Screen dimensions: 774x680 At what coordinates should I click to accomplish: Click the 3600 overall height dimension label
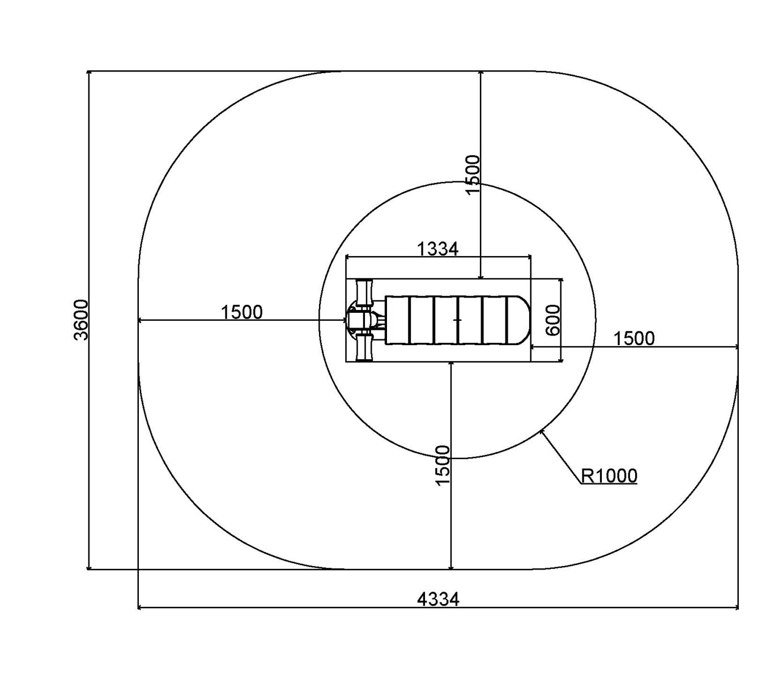click(80, 320)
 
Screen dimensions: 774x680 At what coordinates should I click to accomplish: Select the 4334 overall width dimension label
click(438, 599)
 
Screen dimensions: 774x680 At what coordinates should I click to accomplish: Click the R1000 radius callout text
click(609, 475)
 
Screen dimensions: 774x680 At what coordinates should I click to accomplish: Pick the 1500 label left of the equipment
click(242, 312)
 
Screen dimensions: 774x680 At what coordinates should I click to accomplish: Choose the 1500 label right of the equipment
click(634, 338)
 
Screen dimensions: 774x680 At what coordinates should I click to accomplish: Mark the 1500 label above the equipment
click(472, 175)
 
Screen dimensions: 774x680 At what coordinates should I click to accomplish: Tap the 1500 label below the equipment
click(443, 465)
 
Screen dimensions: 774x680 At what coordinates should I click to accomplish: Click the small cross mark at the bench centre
click(458, 320)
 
